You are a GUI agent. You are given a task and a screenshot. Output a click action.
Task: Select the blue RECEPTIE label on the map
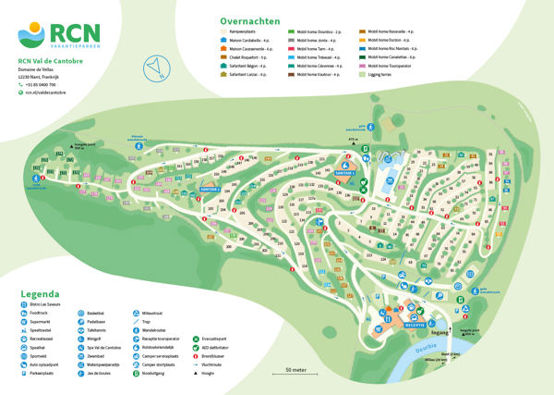415,325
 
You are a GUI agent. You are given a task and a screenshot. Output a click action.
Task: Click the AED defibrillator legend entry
220,348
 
